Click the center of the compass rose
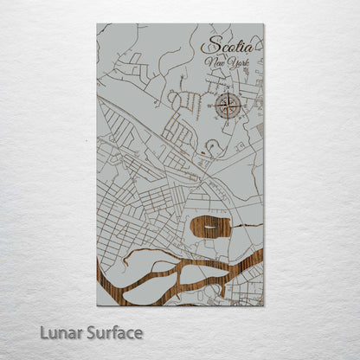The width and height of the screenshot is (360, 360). click(228, 106)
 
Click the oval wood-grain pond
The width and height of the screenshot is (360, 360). click(210, 229)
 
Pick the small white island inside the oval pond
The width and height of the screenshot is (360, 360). click(210, 229)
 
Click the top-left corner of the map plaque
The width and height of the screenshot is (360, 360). click(97, 24)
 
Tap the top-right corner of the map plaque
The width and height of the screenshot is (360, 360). click(264, 24)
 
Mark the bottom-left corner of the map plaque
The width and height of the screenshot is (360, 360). click(97, 305)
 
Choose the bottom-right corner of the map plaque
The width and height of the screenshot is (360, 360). click(264, 305)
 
